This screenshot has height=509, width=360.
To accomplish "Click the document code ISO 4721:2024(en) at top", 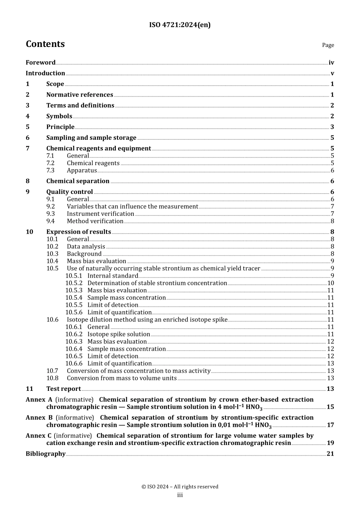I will coord(180,25).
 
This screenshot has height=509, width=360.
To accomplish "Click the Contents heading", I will coord(45,44).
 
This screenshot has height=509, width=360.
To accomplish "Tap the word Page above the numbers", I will coord(328,45).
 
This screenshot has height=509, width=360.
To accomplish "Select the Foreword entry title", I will coord(41,62).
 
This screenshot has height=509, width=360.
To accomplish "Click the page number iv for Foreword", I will coord(331,62).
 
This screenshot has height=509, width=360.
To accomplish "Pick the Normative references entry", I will coord(80,95).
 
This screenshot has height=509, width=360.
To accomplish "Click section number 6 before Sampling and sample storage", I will coord(28,138).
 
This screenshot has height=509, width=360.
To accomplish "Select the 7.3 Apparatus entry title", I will coord(82,170).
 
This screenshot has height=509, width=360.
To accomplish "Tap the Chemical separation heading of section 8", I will coord(78,181).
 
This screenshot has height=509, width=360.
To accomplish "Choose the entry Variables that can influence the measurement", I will coord(132,206).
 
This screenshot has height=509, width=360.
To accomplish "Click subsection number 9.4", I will coord(50,221).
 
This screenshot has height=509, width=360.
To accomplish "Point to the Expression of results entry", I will coord(78,232).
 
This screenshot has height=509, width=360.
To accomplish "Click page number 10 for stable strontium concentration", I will coord(330,283).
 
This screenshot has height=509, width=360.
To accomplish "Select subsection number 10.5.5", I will coord(74,305).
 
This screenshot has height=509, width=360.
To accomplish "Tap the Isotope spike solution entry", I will coord(119,334).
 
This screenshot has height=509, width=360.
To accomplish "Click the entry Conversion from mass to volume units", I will coord(122,378).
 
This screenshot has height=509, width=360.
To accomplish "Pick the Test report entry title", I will coord(63,389).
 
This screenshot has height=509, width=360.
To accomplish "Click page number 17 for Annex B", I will coord(330,425).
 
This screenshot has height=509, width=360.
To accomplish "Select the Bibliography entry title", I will coord(45,454).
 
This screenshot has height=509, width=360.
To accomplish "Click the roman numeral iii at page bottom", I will coord(180,495).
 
